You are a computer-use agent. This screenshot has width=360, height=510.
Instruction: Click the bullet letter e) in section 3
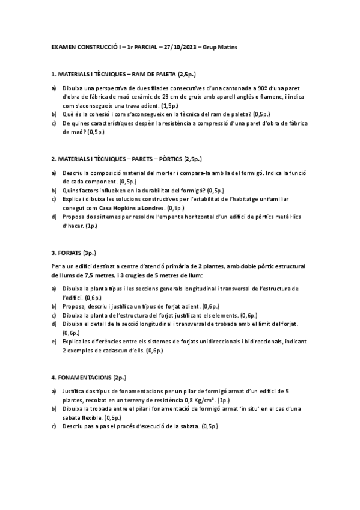[54, 341]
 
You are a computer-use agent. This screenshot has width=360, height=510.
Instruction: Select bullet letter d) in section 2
[54, 217]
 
